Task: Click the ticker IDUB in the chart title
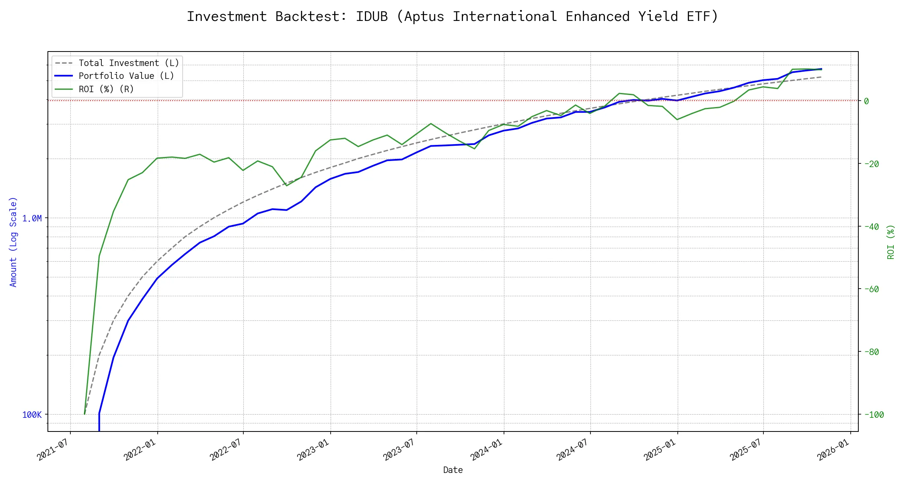pos(372,17)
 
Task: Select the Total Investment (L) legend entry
pos(129,63)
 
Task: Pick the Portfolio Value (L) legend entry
pos(126,76)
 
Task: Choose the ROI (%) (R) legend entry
pos(106,89)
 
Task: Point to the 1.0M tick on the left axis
pos(32,219)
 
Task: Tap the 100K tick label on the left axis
pos(32,415)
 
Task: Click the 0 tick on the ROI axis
pos(866,101)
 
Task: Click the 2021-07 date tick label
pos(53,450)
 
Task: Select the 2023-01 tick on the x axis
pos(313,450)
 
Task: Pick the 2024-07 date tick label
pos(573,450)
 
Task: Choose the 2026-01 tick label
pos(833,450)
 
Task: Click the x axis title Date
pos(453,470)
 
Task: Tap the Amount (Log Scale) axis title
pos(13,242)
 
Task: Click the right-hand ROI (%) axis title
pos(891,242)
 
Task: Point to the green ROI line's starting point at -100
pos(84,414)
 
